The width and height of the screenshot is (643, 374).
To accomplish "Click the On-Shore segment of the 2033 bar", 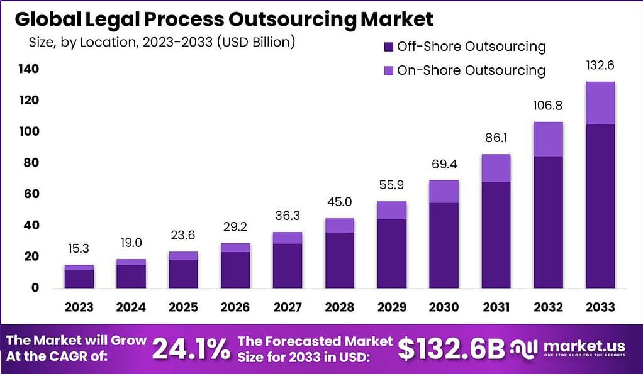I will [x=600, y=103].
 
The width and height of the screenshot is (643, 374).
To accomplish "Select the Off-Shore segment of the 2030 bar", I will [x=444, y=245].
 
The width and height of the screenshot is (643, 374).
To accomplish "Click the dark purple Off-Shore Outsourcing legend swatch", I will [x=388, y=47].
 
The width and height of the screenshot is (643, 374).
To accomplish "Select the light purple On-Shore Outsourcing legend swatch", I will [x=388, y=70].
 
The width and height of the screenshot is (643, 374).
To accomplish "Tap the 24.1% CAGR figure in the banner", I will [x=191, y=349].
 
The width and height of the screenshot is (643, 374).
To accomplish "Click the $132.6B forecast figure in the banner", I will [x=451, y=349].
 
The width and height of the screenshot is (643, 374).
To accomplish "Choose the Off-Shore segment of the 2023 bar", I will [x=79, y=278].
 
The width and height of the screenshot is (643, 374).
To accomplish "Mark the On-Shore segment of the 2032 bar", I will [x=548, y=139].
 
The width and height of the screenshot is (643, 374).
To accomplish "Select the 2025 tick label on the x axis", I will [x=183, y=307].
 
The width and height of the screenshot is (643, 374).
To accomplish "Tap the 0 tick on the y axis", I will [x=35, y=288].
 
